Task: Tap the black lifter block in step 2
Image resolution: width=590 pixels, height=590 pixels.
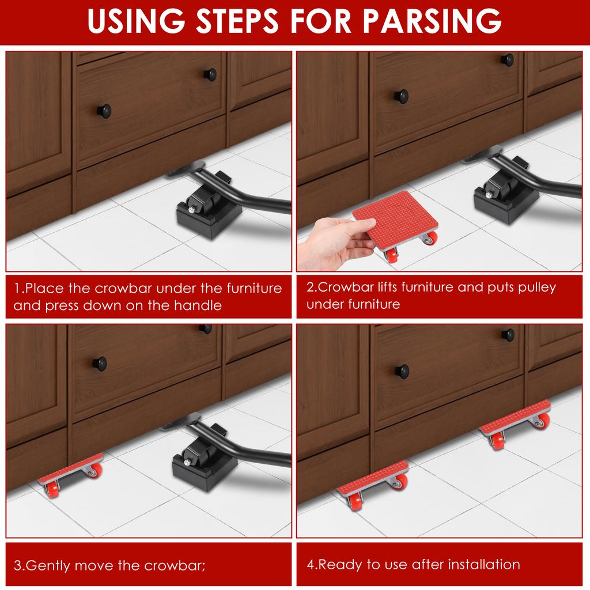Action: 506,198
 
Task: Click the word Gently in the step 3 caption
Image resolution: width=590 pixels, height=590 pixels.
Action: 48,566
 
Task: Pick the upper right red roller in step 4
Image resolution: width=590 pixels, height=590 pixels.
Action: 516,424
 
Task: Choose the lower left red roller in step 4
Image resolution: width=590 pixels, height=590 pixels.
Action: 373,485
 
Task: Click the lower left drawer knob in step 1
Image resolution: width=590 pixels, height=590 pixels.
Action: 104,111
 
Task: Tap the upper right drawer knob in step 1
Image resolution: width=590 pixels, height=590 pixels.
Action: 210,74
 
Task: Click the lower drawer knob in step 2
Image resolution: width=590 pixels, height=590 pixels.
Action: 402,96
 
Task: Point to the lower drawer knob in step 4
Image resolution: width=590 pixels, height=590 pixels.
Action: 402,372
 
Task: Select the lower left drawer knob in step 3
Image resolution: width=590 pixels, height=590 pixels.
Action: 100,364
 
